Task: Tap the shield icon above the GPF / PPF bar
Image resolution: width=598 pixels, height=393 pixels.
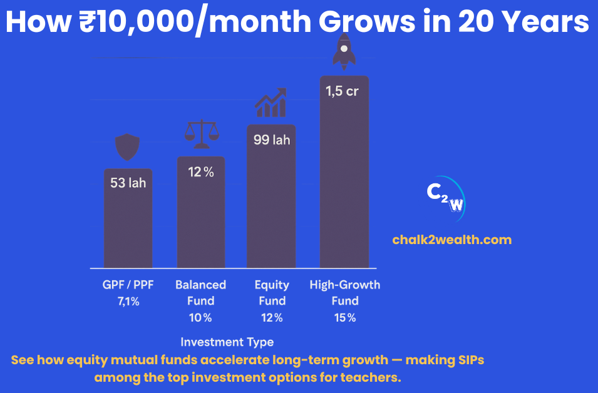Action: pos(128,148)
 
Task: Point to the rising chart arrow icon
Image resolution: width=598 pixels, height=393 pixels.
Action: pos(271,103)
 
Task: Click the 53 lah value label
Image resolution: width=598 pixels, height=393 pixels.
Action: pos(128,183)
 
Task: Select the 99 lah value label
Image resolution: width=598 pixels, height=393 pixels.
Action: pos(271,140)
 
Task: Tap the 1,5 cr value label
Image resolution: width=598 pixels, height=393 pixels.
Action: pos(342,91)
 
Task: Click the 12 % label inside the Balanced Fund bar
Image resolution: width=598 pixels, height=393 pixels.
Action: pos(201,172)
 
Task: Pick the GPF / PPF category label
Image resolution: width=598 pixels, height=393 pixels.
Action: pos(128,285)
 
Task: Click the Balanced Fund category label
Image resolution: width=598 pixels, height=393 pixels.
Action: pos(200,292)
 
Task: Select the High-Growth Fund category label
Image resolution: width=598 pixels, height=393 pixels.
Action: pos(344,292)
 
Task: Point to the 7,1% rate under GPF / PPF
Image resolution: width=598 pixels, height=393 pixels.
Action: pos(128,301)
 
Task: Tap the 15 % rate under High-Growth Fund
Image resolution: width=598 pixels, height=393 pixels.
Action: pos(344,317)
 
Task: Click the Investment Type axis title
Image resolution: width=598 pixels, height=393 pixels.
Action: pos(227,342)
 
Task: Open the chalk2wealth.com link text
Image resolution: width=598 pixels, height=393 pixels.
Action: pos(451,240)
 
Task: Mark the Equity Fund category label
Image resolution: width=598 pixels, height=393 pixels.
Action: pos(272,292)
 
